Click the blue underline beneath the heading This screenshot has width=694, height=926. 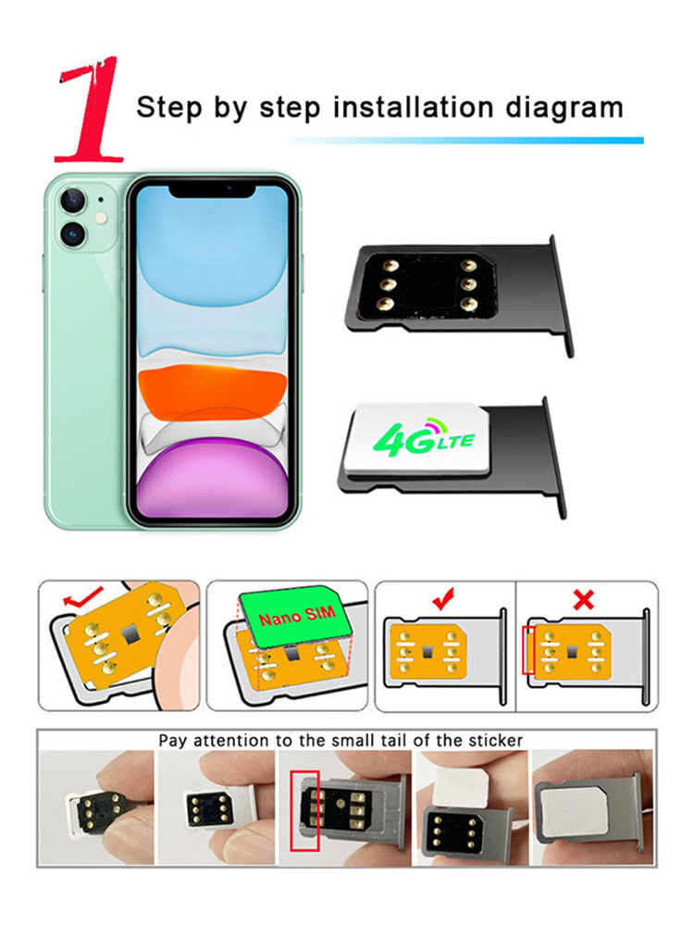pos(466,141)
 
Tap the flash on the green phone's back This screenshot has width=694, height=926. pos(102,219)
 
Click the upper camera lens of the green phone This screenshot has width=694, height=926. pos(73,201)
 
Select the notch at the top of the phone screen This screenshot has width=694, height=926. pos(213,190)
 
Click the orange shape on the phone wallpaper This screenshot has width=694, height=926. pos(213,389)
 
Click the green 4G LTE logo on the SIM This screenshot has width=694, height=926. pos(424,438)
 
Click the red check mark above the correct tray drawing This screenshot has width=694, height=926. pos(444,599)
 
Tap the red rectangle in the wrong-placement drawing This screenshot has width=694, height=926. pos(528,650)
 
